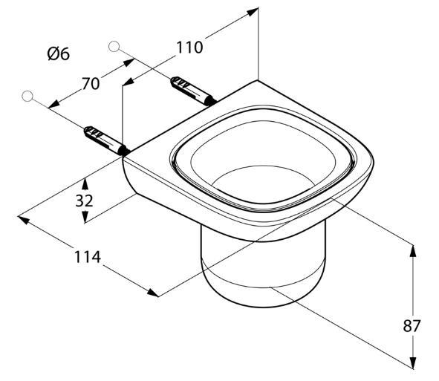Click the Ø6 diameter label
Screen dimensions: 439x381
pyautogui.click(x=58, y=53)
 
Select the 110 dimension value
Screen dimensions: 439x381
pyautogui.click(x=189, y=48)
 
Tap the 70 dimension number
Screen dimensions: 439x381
pyautogui.click(x=91, y=84)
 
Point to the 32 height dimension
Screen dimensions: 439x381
pyautogui.click(x=84, y=201)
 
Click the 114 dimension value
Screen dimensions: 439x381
pyautogui.click(x=87, y=257)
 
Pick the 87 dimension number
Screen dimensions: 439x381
pyautogui.click(x=412, y=326)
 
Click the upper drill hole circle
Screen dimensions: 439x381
pyautogui.click(x=114, y=47)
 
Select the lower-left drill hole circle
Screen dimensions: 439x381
pyautogui.click(x=27, y=96)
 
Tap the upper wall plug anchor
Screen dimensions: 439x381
pyautogui.click(x=193, y=91)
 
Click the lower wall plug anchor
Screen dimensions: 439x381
pyautogui.click(x=107, y=140)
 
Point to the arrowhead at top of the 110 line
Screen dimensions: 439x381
pyautogui.click(x=253, y=12)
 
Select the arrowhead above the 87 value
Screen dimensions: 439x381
pyautogui.click(x=413, y=251)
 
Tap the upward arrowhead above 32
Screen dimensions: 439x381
pyautogui.click(x=85, y=185)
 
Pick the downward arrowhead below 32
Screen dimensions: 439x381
pyautogui.click(x=85, y=217)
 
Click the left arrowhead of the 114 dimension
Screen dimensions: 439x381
pyautogui.click(x=24, y=220)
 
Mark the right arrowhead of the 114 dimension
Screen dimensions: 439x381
pyautogui.click(x=153, y=293)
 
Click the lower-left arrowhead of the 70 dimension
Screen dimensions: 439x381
pyautogui.click(x=54, y=104)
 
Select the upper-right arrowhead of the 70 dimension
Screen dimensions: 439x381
pyautogui.click(x=129, y=62)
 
